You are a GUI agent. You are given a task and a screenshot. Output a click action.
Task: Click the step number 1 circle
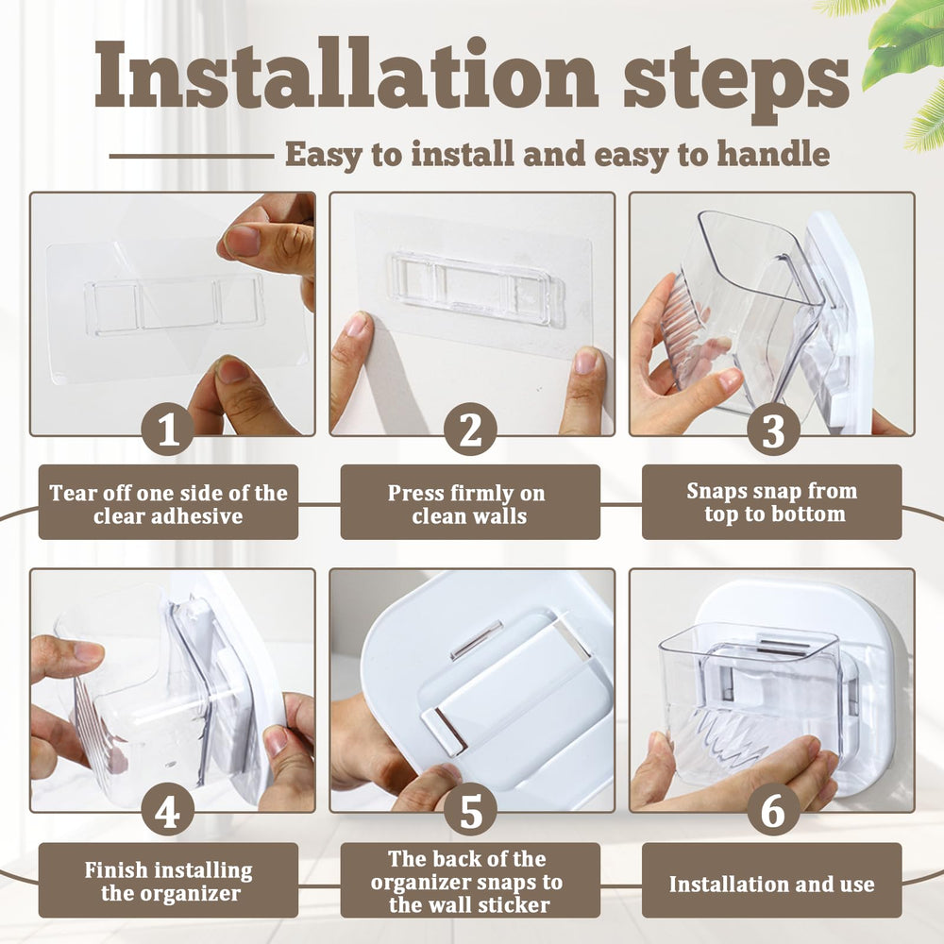pyautogui.click(x=167, y=430)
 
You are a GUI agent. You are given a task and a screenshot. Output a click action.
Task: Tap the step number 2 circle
pyautogui.click(x=470, y=430)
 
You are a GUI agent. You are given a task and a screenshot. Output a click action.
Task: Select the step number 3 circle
pyautogui.click(x=774, y=430)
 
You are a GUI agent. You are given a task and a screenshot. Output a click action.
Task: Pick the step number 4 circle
pyautogui.click(x=167, y=810)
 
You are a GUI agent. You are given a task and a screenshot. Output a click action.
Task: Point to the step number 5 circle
pyautogui.click(x=470, y=810)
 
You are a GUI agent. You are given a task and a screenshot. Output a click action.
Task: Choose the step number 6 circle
pyautogui.click(x=774, y=810)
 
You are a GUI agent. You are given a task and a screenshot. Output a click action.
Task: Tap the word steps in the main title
pyautogui.click(x=735, y=81)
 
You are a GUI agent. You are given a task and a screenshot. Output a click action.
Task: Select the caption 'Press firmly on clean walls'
pyautogui.click(x=468, y=504)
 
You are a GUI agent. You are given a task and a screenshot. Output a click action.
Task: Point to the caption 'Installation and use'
pyautogui.click(x=772, y=884)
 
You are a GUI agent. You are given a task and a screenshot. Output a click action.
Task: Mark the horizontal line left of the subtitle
pyautogui.click(x=192, y=156)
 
